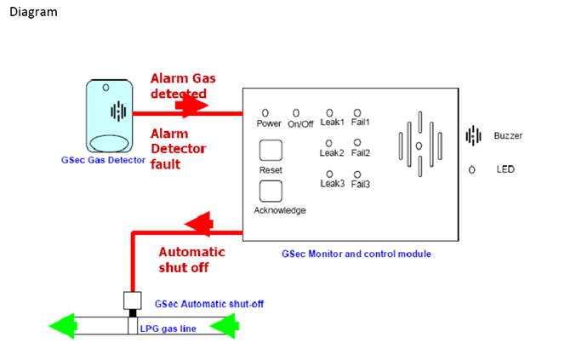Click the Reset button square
tap(271, 149)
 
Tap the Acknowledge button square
tap(271, 189)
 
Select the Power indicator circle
tap(265, 112)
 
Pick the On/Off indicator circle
tap(296, 112)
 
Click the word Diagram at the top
tap(33, 13)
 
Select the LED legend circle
tap(472, 169)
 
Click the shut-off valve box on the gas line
tap(132, 300)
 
